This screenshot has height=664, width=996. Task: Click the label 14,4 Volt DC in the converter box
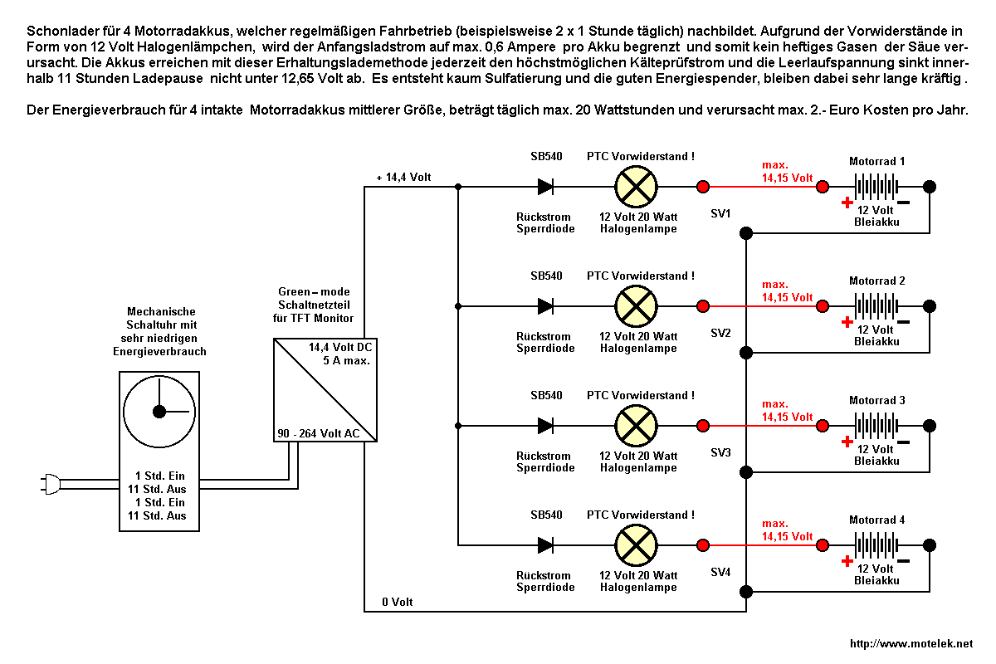340,347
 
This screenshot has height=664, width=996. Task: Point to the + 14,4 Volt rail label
403,178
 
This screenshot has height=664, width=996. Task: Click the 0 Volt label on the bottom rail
397,602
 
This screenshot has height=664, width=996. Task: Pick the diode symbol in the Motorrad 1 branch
545,187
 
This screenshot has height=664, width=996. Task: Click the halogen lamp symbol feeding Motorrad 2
635,306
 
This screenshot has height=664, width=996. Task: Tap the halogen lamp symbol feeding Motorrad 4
635,545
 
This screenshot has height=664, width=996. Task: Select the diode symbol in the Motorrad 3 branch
545,426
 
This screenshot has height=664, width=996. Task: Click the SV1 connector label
720,213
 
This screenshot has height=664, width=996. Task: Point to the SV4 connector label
720,572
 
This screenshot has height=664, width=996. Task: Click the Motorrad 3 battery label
877,401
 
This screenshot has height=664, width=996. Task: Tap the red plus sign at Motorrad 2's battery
847,322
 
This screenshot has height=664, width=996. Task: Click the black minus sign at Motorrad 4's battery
904,561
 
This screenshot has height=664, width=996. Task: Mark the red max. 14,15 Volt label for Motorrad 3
787,412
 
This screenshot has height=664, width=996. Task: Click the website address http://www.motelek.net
911,644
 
